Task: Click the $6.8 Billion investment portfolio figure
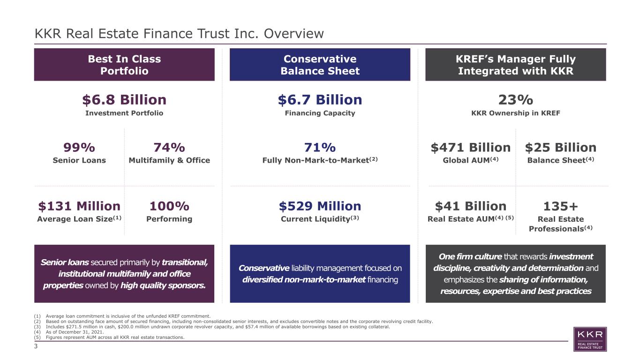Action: [x=124, y=100]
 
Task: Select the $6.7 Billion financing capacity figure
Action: [x=320, y=100]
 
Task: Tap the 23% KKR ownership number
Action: [x=516, y=100]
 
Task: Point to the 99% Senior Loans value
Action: [x=79, y=148]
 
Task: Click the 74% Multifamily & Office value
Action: [x=169, y=148]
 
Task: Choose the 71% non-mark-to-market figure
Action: [x=320, y=148]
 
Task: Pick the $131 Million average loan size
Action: [x=79, y=206]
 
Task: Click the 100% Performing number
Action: [x=169, y=206]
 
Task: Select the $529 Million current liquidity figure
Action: [x=320, y=206]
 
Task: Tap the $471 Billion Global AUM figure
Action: [x=471, y=148]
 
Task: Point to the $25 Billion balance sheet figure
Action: [x=561, y=148]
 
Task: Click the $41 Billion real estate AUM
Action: [x=471, y=206]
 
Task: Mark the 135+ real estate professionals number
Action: [x=561, y=206]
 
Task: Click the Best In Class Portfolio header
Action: [x=124, y=65]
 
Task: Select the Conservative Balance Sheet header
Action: [x=320, y=65]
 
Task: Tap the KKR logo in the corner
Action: [x=590, y=339]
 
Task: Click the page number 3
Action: [x=36, y=346]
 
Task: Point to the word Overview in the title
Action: [x=294, y=34]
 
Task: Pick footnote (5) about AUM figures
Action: [x=109, y=337]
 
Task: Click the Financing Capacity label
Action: [x=320, y=113]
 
